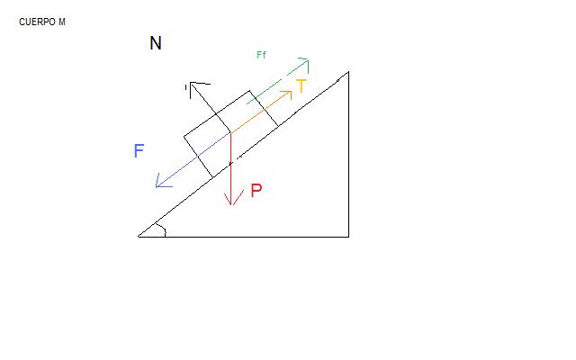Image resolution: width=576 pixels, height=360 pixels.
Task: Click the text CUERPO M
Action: [42, 22]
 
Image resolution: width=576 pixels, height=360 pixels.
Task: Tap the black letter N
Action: [156, 43]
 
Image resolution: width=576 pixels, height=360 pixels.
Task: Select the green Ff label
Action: [261, 55]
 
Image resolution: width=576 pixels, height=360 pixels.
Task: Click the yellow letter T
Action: [301, 86]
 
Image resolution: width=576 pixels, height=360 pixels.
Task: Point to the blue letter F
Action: [139, 150]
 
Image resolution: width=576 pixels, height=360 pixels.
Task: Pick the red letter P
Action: [256, 190]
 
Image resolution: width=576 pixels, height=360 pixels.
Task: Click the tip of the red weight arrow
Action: [232, 205]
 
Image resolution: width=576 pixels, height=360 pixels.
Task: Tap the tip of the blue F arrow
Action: [156, 187]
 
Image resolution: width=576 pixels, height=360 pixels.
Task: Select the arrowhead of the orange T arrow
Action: [291, 92]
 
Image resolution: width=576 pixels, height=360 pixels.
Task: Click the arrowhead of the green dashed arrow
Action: [308, 60]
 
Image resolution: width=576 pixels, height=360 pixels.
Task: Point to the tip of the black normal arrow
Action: [191, 83]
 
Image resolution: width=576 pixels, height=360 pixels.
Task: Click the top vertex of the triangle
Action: [348, 72]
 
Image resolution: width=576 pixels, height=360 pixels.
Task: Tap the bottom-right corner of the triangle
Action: [348, 237]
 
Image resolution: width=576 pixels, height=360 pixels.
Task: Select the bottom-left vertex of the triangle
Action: [138, 237]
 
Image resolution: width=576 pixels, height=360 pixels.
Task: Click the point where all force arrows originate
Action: [230, 132]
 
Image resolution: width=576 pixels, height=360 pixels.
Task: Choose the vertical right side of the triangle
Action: [348, 154]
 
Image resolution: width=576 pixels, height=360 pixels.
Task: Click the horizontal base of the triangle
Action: [243, 237]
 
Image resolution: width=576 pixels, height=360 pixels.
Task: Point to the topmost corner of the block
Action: [249, 90]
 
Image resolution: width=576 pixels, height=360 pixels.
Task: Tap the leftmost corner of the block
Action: [184, 137]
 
